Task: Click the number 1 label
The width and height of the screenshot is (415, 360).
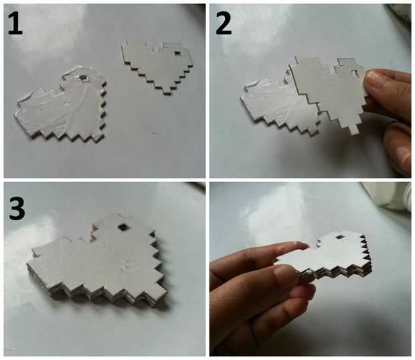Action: click(15, 23)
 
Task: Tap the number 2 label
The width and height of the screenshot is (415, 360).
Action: click(224, 23)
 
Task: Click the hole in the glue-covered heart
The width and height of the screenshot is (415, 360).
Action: click(84, 78)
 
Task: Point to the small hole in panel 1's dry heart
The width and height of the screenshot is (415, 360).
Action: click(177, 53)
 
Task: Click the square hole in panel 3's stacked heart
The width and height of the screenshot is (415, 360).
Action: click(122, 227)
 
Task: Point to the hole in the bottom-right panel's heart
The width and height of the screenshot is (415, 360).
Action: click(339, 238)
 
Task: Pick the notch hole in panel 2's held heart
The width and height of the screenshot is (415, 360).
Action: click(353, 72)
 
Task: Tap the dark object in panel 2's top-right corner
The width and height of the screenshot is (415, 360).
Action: click(399, 15)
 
